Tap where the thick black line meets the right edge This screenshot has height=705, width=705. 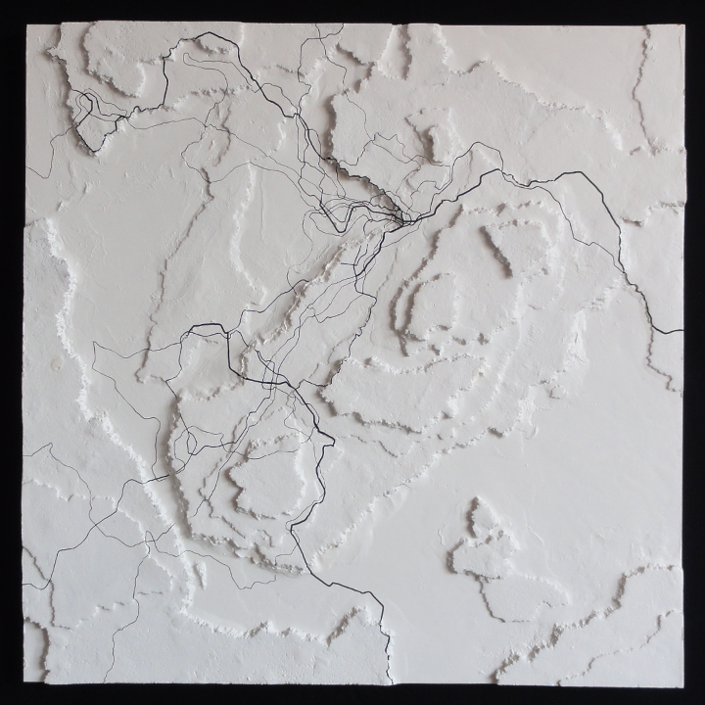[681, 332]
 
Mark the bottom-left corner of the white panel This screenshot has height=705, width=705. [23, 682]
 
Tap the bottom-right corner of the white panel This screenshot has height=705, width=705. [682, 682]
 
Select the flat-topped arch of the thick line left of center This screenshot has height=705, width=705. [206, 328]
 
